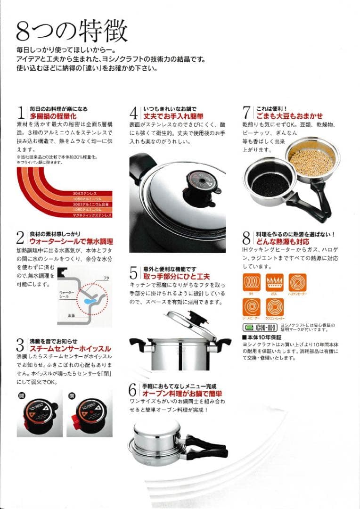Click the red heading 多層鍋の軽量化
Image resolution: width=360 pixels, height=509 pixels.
point(53,116)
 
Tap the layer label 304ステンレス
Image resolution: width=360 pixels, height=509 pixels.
point(85,193)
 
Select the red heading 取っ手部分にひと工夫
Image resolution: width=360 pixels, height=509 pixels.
point(176,276)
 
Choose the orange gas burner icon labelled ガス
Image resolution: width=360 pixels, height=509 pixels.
point(275,283)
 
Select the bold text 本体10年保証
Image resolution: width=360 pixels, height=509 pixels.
point(259,338)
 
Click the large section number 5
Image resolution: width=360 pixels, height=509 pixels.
point(134,273)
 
